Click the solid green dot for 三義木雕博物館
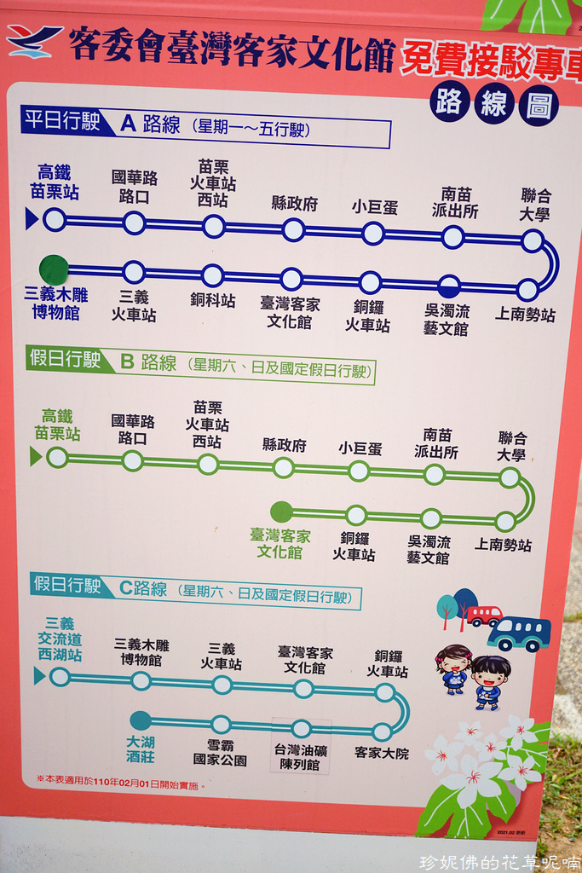pyautogui.click(x=54, y=269)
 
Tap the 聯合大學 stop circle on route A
pyautogui.click(x=533, y=240)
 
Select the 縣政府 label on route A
pyautogui.click(x=294, y=203)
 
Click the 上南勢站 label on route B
pyautogui.click(x=503, y=545)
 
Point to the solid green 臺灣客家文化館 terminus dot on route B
pyautogui.click(x=281, y=512)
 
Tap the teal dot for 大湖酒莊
pyautogui.click(x=141, y=720)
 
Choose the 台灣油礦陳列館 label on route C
pyautogui.click(x=300, y=756)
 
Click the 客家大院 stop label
pyautogui.click(x=382, y=753)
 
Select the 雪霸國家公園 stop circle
pyautogui.click(x=221, y=725)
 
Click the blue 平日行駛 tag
pyautogui.click(x=62, y=120)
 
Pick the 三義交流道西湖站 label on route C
pyautogui.click(x=60, y=639)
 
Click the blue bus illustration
pyautogui.click(x=519, y=633)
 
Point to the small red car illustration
pyautogui.click(x=484, y=615)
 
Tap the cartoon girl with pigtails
pyautogui.click(x=453, y=668)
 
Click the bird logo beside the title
pyautogui.click(x=33, y=41)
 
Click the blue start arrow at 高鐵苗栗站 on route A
pyautogui.click(x=32, y=219)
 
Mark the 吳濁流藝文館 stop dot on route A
pyautogui.click(x=449, y=286)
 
